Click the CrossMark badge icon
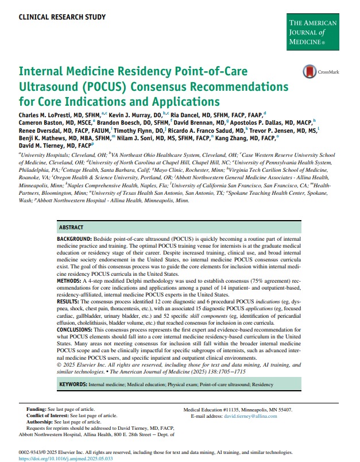click(309, 72)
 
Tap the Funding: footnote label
click(37, 409)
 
